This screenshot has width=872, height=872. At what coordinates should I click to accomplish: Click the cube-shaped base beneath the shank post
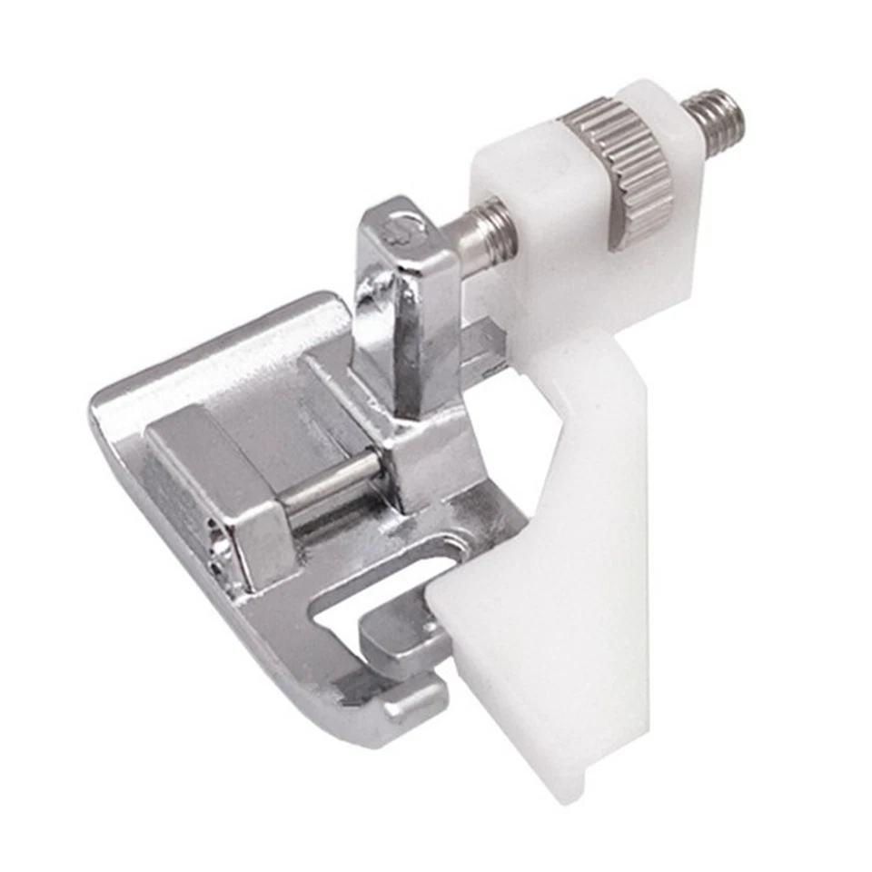427,454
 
